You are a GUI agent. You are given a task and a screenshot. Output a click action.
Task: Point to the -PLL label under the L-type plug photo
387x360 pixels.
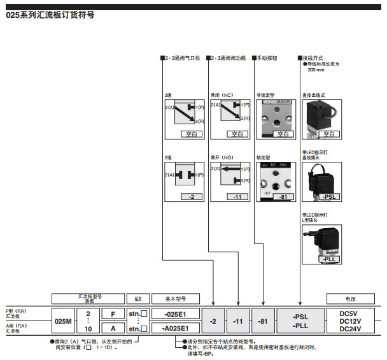pyautogui.click(x=328, y=259)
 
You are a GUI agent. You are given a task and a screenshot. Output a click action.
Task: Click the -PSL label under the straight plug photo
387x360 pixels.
pyautogui.click(x=328, y=198)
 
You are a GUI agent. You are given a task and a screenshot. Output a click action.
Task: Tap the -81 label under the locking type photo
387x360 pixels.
pyautogui.click(x=283, y=198)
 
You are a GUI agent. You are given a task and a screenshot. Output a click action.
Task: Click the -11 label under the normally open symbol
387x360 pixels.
pyautogui.click(x=237, y=198)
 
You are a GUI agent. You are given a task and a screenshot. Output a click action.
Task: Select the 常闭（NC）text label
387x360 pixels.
pyautogui.click(x=222, y=95)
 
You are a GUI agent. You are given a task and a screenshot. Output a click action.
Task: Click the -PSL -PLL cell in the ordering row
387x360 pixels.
pyautogui.click(x=300, y=320)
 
